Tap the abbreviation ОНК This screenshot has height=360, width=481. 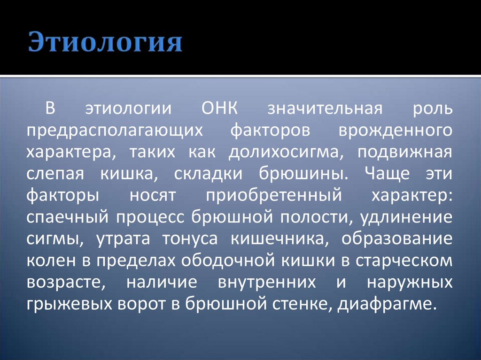(220, 108)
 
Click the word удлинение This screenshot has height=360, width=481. (406, 217)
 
